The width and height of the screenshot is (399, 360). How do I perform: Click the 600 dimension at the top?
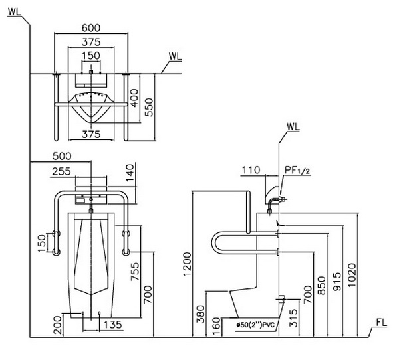pyautogui.click(x=91, y=27)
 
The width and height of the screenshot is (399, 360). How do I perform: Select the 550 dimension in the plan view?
pyautogui.click(x=150, y=107)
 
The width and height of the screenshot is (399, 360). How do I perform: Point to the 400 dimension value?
pyautogui.click(x=134, y=98)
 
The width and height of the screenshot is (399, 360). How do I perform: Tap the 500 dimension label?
pyautogui.click(x=62, y=156)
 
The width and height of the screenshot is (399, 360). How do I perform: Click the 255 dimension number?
pyautogui.click(x=61, y=171)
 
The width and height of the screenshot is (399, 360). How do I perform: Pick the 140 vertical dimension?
pyautogui.click(x=130, y=172)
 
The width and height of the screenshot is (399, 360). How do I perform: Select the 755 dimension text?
pyautogui.click(x=135, y=271)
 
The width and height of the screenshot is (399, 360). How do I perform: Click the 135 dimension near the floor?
pyautogui.click(x=113, y=325)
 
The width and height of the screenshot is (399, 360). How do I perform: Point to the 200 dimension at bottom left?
pyautogui.click(x=57, y=325)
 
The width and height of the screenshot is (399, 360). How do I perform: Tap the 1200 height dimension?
pyautogui.click(x=187, y=264)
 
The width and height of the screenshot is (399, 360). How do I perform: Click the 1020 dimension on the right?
pyautogui.click(x=352, y=275)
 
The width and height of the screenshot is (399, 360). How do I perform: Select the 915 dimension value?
pyautogui.click(x=337, y=282)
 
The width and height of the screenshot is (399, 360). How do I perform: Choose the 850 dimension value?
pyautogui.click(x=322, y=286)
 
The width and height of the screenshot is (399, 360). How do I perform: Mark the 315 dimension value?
pyautogui.click(x=293, y=317)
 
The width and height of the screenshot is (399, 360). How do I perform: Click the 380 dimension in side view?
pyautogui.click(x=201, y=314)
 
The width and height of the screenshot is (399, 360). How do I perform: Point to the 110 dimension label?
pyautogui.click(x=251, y=170)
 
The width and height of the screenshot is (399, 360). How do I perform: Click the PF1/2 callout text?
pyautogui.click(x=297, y=170)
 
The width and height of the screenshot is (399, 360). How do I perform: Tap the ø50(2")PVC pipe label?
pyautogui.click(x=256, y=325)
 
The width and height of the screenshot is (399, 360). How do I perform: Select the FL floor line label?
pyautogui.click(x=382, y=323)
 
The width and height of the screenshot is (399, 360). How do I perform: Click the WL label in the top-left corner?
pyautogui.click(x=15, y=12)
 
